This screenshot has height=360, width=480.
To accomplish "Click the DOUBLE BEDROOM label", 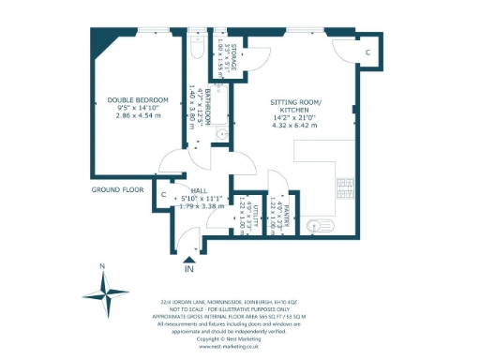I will tap(137, 99).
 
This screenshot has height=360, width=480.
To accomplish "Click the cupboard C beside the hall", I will tap(164, 194).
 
